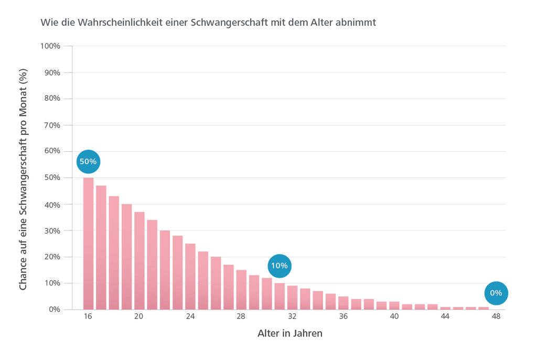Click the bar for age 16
click(x=88, y=244)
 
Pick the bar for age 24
click(x=190, y=277)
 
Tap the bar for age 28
click(x=241, y=290)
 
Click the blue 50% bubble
click(x=88, y=162)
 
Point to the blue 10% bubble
click(x=279, y=266)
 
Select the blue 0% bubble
click(x=496, y=293)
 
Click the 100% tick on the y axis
click(x=51, y=46)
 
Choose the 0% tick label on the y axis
click(x=54, y=310)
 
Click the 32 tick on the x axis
click(x=292, y=317)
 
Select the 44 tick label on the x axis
click(x=445, y=317)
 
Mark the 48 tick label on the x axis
click(x=496, y=317)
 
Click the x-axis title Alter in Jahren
click(x=289, y=334)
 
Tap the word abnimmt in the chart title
click(x=357, y=23)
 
